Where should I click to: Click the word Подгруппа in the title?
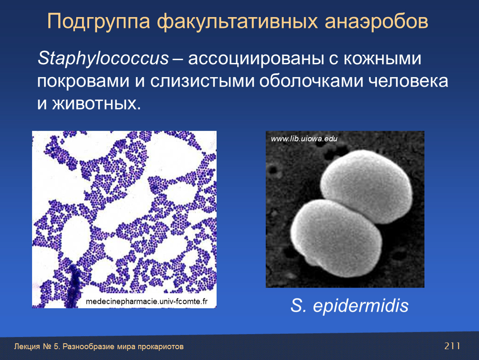[99, 22]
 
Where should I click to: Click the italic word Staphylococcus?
[103, 58]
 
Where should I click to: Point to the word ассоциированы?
[256, 59]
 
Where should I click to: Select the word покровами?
[83, 81]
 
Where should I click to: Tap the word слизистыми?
[202, 81]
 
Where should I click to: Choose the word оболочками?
[311, 81]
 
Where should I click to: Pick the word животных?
[97, 104]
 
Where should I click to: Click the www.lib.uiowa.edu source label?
[304, 139]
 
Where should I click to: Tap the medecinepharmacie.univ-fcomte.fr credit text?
[147, 301]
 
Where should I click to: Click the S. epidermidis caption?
[349, 305]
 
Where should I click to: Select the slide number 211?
[452, 346]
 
